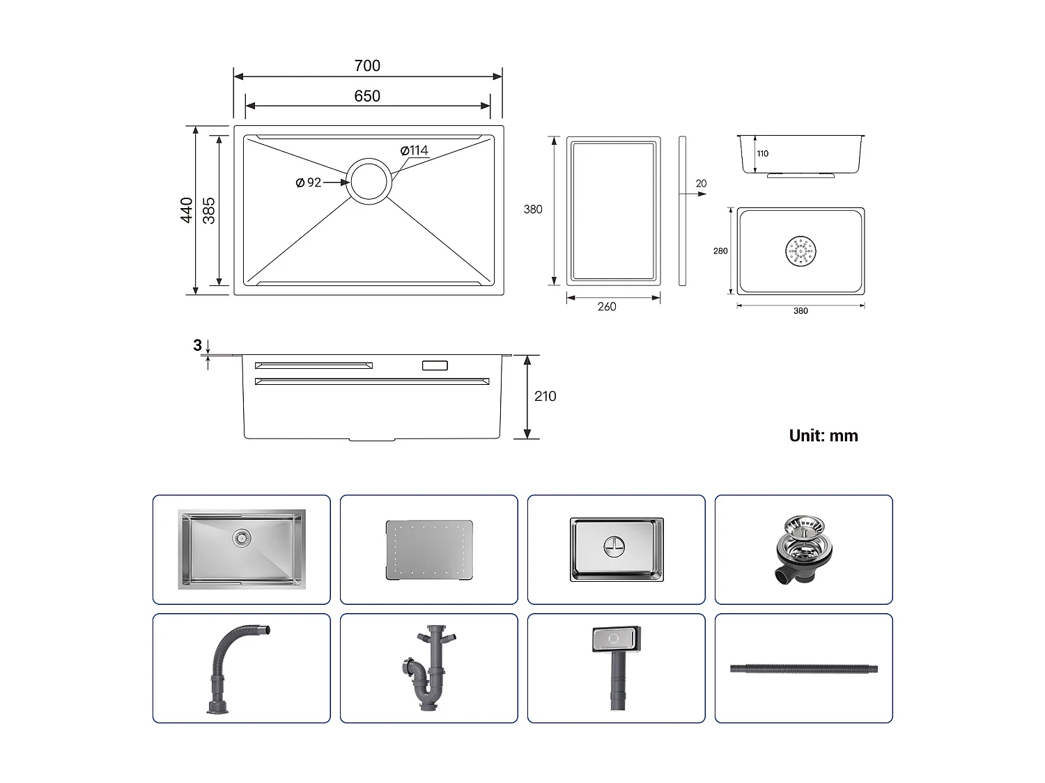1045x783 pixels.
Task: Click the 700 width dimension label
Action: pos(367,66)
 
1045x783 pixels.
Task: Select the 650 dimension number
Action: pos(367,96)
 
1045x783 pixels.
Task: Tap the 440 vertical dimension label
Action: pos(186,210)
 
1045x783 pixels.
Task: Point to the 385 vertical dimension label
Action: pos(209,210)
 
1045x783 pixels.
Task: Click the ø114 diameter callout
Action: pos(415,150)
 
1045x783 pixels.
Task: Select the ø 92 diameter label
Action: pos(309,182)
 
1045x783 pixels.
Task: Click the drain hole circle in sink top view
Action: pos(368,181)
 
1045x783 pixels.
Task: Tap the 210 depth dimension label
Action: pos(545,396)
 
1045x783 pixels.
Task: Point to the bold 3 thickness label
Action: pos(197,345)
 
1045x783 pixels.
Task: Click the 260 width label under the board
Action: pos(606,306)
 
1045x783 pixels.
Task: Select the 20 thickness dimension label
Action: pos(701,184)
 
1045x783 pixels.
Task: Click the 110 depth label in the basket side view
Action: pos(763,154)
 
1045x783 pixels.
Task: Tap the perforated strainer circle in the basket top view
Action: pos(800,251)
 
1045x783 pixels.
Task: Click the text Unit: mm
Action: pos(823,436)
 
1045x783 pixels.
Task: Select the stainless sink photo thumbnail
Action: pos(242,550)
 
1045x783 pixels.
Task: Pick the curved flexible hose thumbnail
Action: pos(238,668)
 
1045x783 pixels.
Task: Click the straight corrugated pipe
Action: pos(803,670)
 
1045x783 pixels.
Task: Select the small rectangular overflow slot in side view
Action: pos(435,365)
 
